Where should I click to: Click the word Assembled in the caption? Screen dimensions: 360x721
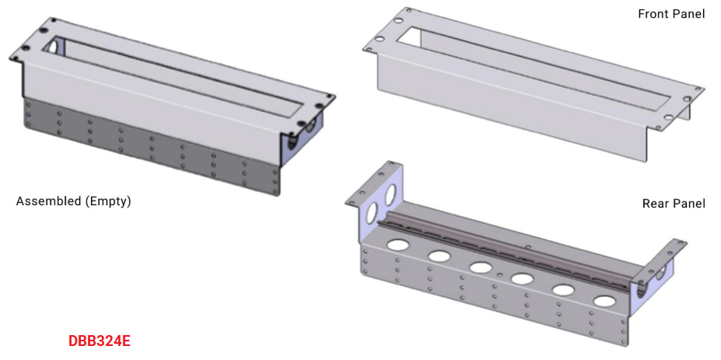tap(47, 201)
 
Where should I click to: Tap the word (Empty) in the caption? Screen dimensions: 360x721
tap(108, 201)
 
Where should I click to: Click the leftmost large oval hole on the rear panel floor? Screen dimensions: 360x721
tap(399, 245)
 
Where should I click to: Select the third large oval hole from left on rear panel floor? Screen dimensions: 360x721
tap(480, 267)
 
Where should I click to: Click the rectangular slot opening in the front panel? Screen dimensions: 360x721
tap(537, 66)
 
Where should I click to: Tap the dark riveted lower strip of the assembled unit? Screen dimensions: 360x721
tap(148, 144)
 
